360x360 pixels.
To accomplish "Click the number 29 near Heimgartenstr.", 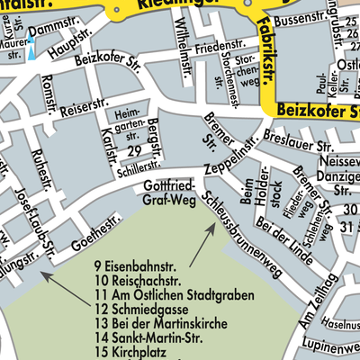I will coord(134,149).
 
